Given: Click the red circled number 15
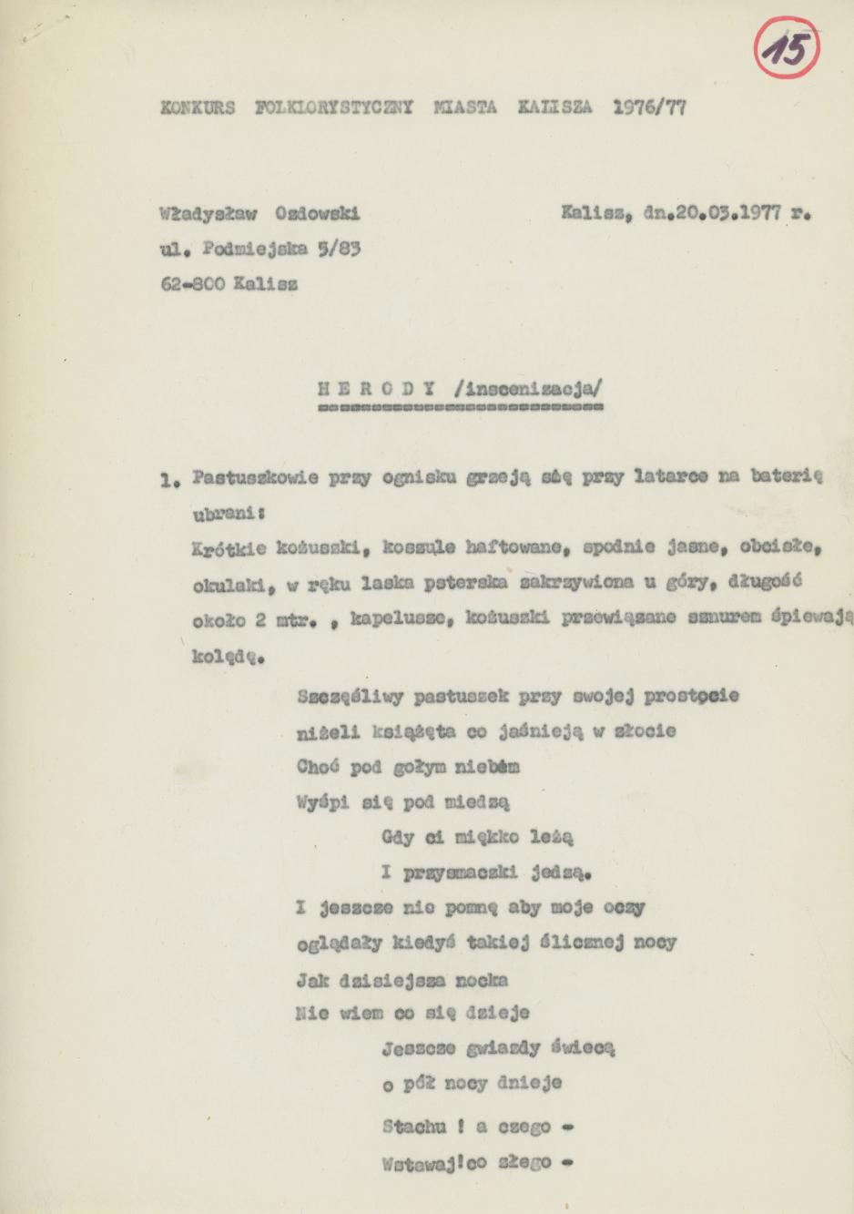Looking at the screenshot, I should click(787, 48).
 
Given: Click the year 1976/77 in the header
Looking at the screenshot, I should click(649, 107).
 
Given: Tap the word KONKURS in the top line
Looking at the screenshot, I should click(198, 107).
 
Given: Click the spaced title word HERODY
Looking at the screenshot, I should click(376, 387).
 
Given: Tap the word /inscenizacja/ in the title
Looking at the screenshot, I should click(526, 387).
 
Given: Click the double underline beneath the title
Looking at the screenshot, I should click(460, 408).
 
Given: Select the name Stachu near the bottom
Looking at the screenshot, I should click(414, 1127).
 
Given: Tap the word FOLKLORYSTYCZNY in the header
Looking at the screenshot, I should click(334, 107).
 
